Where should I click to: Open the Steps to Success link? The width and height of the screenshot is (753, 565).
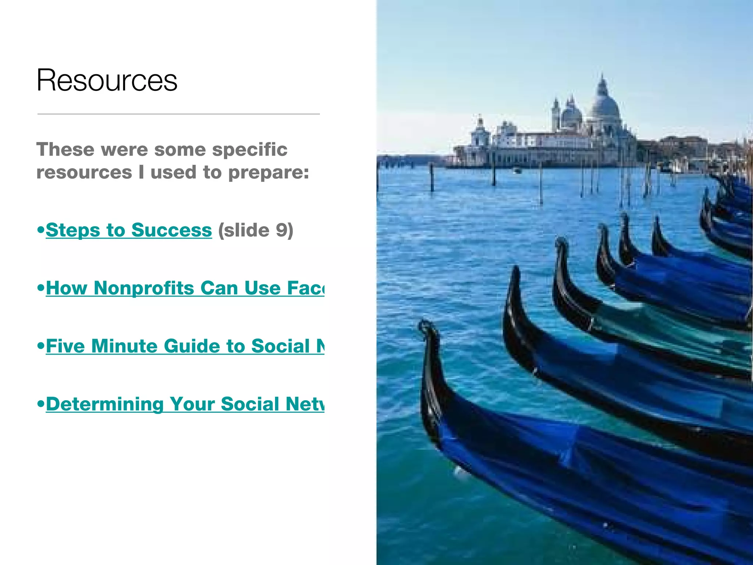pos(129,230)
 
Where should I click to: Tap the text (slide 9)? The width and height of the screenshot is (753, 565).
pos(256,230)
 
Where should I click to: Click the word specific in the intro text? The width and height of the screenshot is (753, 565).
pos(250,150)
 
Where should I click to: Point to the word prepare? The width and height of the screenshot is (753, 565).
pos(268,173)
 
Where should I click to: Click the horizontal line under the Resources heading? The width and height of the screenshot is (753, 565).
pos(178,114)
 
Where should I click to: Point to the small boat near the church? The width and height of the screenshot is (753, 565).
pos(517,170)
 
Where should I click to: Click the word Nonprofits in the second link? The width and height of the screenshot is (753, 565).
pos(144,288)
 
